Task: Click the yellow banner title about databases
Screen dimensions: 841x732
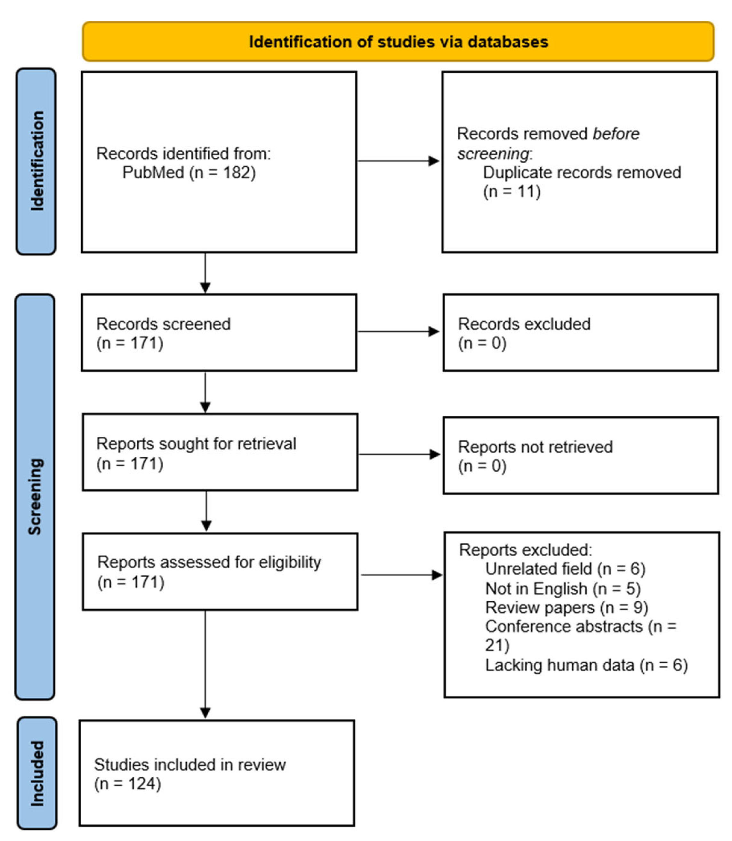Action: pos(398,42)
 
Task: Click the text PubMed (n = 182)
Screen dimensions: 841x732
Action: pos(189,172)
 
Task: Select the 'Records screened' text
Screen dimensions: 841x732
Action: pos(163,324)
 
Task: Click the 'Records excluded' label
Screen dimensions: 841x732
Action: pos(524,324)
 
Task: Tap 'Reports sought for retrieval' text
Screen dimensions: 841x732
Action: pos(196,444)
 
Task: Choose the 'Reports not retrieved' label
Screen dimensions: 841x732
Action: pos(535,447)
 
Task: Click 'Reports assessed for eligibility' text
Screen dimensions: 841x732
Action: pos(209,562)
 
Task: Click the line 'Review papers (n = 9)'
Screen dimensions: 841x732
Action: pos(567,607)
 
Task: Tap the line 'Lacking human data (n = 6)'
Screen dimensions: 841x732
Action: pos(586,665)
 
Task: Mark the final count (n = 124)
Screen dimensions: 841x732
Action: pos(128,783)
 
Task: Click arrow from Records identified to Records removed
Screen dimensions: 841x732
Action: pos(398,161)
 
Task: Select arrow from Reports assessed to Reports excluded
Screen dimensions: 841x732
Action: pos(402,575)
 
